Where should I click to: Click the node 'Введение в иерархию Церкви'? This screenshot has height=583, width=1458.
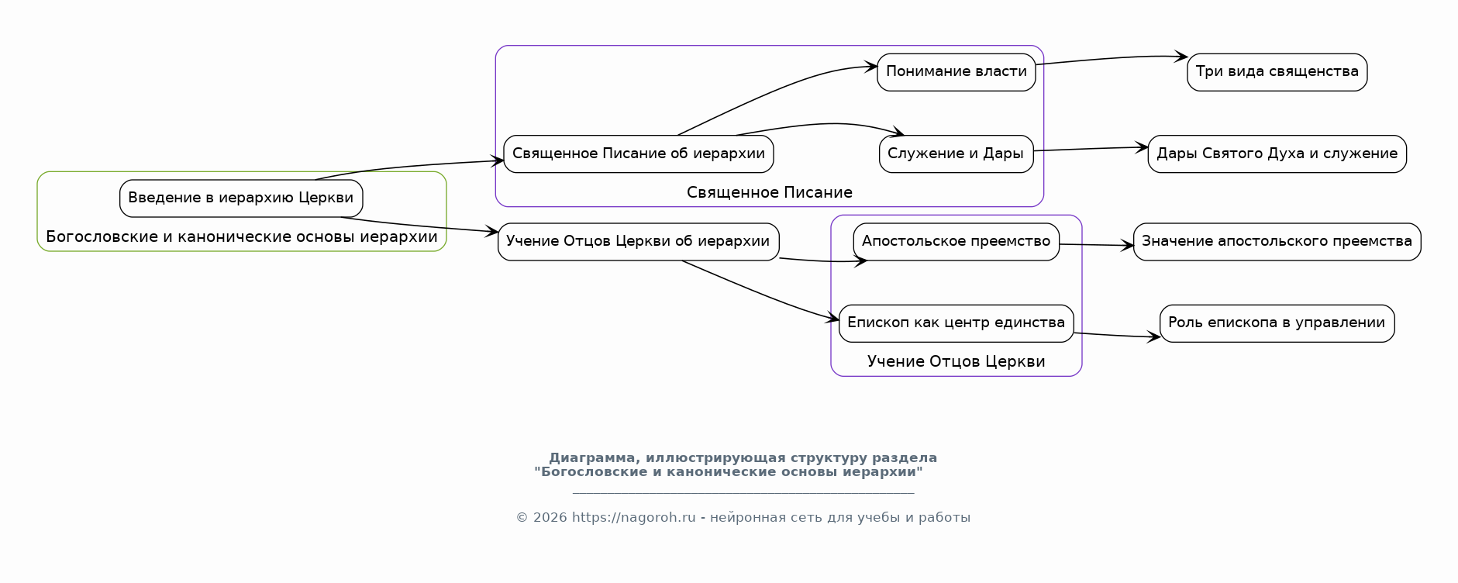[241, 198]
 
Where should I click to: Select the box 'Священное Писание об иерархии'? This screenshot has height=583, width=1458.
[639, 154]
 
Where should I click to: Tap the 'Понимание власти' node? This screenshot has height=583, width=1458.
[956, 72]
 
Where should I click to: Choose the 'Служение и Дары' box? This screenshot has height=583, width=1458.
[956, 154]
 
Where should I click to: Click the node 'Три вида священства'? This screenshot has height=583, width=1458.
[1277, 72]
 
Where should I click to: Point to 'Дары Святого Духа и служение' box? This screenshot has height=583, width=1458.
[1277, 154]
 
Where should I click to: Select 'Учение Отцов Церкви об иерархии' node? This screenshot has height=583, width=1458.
[639, 242]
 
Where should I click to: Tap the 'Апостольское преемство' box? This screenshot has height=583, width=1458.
[956, 242]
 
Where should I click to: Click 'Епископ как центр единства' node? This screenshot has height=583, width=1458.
[956, 323]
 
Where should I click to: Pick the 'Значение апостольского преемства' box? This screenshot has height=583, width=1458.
[1277, 242]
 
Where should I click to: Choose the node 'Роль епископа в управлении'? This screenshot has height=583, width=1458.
[1277, 323]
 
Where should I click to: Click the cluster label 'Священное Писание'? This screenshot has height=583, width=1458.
[770, 192]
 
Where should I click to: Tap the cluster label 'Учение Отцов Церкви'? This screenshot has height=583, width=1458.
[956, 361]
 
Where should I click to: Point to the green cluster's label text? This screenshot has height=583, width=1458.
[242, 236]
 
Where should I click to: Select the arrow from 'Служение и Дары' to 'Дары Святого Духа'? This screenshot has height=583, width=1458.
[1091, 149]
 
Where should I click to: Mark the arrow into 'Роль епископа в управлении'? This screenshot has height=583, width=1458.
[1117, 336]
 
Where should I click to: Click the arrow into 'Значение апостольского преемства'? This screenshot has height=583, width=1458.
[1097, 245]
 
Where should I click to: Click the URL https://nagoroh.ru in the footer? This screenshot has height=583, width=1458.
[634, 518]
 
